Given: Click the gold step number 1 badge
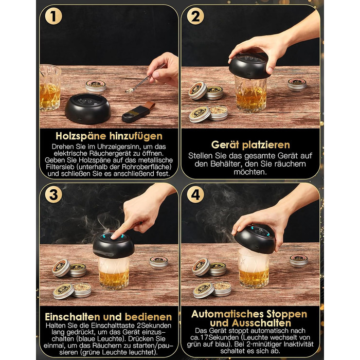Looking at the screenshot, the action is point(53,16).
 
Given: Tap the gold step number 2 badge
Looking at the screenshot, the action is point(195,16).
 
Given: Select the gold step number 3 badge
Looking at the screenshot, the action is point(53,195).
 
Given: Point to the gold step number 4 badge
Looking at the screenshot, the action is point(195,195).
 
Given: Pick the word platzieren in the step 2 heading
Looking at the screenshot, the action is point(266,145).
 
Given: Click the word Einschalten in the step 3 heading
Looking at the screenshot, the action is point(73,317).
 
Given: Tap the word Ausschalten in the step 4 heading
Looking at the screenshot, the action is point(261,323).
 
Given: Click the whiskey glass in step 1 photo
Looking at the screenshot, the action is point(50,88).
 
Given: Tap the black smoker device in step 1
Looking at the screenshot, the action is point(88,109).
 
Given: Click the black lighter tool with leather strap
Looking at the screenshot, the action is point(138,112).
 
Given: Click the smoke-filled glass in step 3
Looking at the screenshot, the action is point(114,273).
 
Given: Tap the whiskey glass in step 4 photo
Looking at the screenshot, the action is point(253,268).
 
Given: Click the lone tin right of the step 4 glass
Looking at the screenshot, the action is point(298,261).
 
